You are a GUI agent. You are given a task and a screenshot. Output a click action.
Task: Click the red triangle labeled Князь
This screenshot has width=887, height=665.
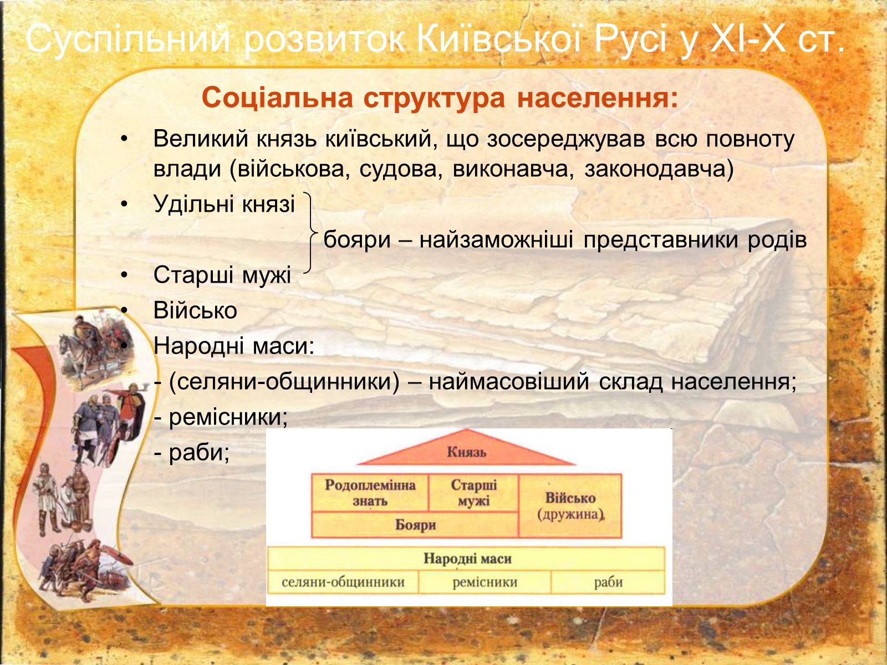pyautogui.click(x=466, y=449)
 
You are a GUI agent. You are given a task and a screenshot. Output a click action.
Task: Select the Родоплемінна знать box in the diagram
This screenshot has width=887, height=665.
pyautogui.click(x=370, y=493)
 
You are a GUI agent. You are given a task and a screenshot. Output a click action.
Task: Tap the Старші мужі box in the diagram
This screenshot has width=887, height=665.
pyautogui.click(x=473, y=493)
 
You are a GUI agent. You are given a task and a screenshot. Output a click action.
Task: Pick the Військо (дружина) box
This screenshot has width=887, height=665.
pyautogui.click(x=570, y=506)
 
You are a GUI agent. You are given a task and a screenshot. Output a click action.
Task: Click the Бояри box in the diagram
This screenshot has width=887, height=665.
pyautogui.click(x=415, y=525)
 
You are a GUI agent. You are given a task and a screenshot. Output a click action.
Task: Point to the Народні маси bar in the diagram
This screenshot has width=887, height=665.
pyautogui.click(x=467, y=559)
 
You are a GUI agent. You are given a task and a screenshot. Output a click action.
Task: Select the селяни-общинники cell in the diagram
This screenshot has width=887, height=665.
pyautogui.click(x=343, y=582)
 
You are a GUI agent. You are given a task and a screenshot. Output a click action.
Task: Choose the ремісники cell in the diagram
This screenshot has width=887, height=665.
pyautogui.click(x=485, y=582)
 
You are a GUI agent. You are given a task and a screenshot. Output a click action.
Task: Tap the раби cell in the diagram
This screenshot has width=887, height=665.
pyautogui.click(x=608, y=582)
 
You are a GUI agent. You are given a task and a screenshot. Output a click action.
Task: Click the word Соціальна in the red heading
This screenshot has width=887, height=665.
pyautogui.click(x=277, y=98)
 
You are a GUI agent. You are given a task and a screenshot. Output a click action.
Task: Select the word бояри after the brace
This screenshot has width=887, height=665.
pyautogui.click(x=357, y=241)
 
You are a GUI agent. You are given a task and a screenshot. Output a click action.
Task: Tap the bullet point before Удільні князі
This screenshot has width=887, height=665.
pyautogui.click(x=124, y=204)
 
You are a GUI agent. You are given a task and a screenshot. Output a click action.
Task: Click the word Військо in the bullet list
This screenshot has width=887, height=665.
pyautogui.click(x=195, y=310)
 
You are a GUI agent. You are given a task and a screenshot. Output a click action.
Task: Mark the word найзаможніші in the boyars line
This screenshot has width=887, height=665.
pyautogui.click(x=496, y=241)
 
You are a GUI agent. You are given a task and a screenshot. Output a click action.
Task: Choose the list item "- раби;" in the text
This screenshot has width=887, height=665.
pyautogui.click(x=192, y=453)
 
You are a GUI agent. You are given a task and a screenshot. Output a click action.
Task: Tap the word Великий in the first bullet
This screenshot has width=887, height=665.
pyautogui.click(x=201, y=139)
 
